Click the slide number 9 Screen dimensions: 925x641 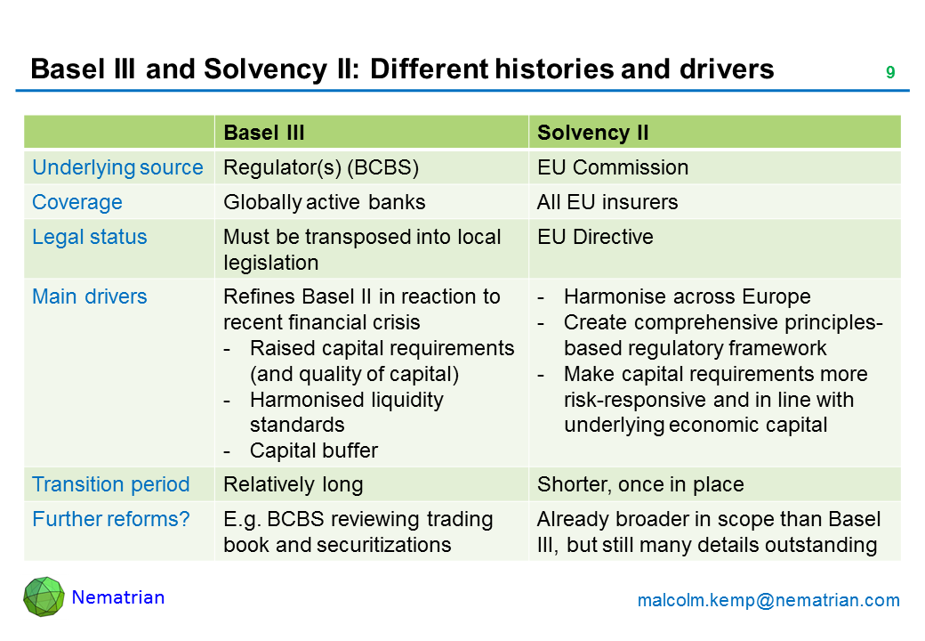[890, 72]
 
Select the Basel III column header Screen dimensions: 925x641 [263, 133]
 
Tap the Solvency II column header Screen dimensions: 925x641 [593, 133]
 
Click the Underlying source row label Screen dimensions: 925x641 [117, 167]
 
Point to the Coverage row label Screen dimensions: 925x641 [77, 202]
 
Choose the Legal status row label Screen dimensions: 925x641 [90, 237]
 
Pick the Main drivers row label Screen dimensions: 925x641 [90, 296]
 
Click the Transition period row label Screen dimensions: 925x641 [111, 484]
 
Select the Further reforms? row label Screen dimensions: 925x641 [111, 519]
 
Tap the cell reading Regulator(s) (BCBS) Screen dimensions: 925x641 [321, 167]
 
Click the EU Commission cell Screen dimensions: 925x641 [613, 167]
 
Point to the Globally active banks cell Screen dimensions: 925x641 [325, 202]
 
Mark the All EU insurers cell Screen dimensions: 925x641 [607, 202]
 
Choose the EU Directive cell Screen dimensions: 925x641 [595, 237]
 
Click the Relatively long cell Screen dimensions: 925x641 [294, 484]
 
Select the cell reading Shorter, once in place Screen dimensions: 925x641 [640, 484]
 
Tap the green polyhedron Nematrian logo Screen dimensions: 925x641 [44, 596]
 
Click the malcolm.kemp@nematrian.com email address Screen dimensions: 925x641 [768, 600]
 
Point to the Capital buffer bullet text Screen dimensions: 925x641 [314, 450]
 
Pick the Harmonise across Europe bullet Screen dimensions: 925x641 [688, 296]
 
